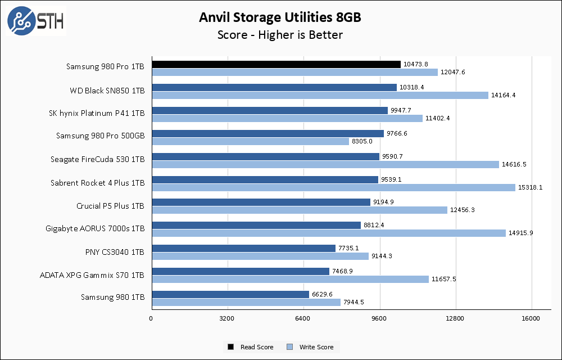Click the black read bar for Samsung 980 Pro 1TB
pyautogui.click(x=275, y=65)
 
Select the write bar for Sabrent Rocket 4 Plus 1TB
pyautogui.click(x=333, y=187)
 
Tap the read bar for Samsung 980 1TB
pyautogui.click(x=230, y=294)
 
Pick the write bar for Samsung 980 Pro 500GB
pyautogui.click(x=250, y=141)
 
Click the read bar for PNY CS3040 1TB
pyautogui.click(x=243, y=248)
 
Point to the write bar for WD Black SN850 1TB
pyautogui.click(x=319, y=95)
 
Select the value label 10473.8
pyautogui.click(x=416, y=65)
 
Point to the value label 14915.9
pyautogui.click(x=521, y=233)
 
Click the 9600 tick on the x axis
pyautogui.click(x=379, y=319)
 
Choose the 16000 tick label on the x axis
pyautogui.click(x=531, y=319)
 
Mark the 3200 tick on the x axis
pyautogui.click(x=227, y=319)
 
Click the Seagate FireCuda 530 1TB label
pyautogui.click(x=97, y=160)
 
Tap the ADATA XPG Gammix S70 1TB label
pyautogui.click(x=92, y=275)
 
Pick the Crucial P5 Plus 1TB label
pyautogui.click(x=110, y=206)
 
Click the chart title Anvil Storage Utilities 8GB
pyautogui.click(x=280, y=17)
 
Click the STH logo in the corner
pyautogui.click(x=35, y=21)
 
